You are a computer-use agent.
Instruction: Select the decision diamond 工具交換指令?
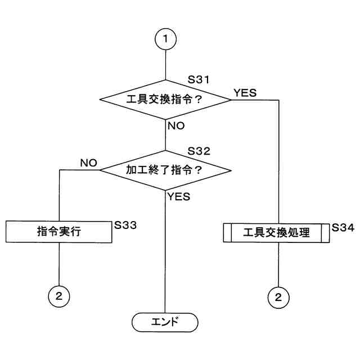165,100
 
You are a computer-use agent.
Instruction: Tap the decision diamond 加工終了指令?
165,169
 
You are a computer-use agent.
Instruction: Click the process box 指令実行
58,231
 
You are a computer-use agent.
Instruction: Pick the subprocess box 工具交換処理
277,232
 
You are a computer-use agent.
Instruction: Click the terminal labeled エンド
165,322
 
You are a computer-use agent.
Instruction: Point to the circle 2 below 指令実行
58,295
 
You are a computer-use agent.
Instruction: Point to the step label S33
125,224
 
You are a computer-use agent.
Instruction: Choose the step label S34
343,228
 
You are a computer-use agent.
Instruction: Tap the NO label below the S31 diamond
176,125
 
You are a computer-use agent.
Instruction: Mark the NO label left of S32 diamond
88,163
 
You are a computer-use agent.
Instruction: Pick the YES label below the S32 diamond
178,196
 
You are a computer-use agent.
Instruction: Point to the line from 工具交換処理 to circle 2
277,264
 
